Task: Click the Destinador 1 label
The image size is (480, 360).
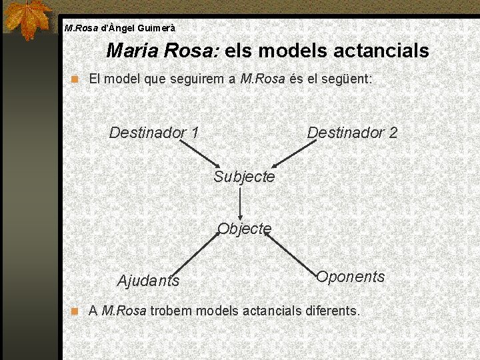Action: coord(153,133)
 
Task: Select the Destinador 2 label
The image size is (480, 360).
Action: coord(352,133)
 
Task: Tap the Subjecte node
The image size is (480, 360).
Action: coord(244,177)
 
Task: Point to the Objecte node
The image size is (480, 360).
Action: coord(245,229)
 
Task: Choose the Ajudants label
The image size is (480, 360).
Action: coord(148,281)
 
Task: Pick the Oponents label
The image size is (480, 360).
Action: coord(351,277)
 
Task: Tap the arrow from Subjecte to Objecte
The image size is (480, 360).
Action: coord(240,203)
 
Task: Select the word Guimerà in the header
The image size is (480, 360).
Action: coord(157,29)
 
